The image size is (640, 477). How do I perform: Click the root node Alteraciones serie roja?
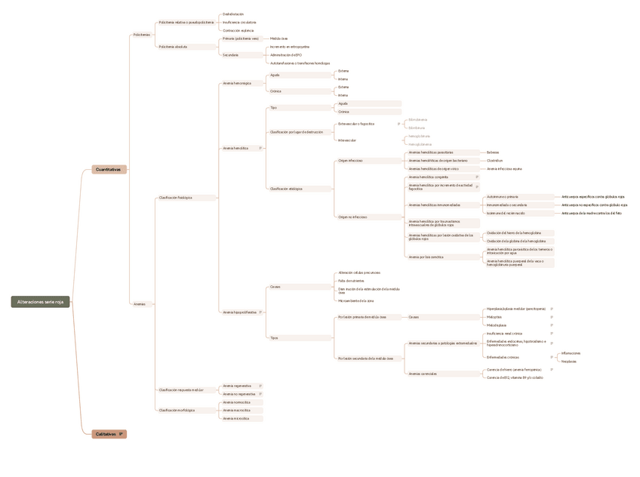tap(41, 302)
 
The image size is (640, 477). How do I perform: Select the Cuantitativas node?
tap(108, 170)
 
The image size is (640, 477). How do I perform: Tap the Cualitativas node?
tap(106, 434)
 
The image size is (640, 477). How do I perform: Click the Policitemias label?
tap(141, 35)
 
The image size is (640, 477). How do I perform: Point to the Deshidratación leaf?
tap(233, 14)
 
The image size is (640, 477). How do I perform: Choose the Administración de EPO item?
tap(286, 55)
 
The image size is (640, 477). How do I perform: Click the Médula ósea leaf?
tap(278, 38)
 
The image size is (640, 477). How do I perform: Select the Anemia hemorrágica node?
tap(237, 83)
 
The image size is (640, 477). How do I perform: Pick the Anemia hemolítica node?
tap(235, 149)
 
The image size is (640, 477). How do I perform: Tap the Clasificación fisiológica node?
tap(175, 198)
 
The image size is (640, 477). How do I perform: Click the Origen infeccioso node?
tap(350, 161)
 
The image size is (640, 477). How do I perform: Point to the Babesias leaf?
tap(493, 152)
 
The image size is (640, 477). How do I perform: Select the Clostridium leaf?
tap(494, 161)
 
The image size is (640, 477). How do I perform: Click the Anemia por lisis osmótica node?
tap(426, 257)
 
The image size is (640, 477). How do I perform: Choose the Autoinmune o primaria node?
tap(502, 197)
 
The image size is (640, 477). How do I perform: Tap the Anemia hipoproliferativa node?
tap(239, 312)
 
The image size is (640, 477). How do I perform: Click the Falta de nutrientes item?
tap(351, 281)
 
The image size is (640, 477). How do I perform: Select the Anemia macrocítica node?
tap(236, 411)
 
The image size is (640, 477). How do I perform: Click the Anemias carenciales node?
tap(423, 374)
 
